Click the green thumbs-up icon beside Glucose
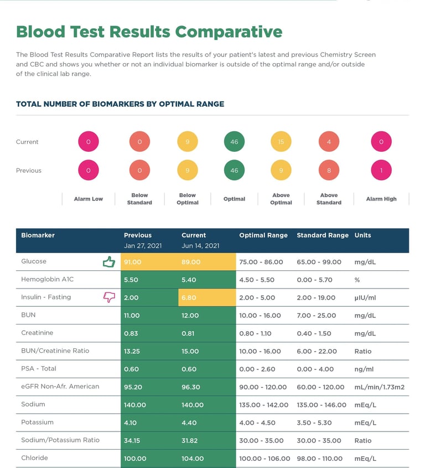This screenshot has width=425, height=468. (109, 262)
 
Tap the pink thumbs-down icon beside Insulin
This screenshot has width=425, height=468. (109, 297)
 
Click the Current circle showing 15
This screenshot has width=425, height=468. (281, 142)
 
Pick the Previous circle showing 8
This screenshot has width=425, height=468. (329, 171)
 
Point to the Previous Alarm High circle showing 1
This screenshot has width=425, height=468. (381, 171)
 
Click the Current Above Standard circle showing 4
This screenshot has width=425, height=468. (329, 142)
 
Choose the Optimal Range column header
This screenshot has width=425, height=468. (263, 235)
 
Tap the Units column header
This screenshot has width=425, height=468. (363, 235)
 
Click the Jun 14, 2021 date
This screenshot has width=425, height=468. (200, 246)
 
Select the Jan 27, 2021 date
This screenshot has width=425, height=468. (143, 246)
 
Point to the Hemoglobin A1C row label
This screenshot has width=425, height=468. (47, 280)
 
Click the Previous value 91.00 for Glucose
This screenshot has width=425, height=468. (133, 262)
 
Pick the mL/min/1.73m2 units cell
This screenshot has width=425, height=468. (379, 387)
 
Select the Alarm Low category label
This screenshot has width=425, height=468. (89, 199)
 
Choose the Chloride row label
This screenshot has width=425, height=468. (34, 458)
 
